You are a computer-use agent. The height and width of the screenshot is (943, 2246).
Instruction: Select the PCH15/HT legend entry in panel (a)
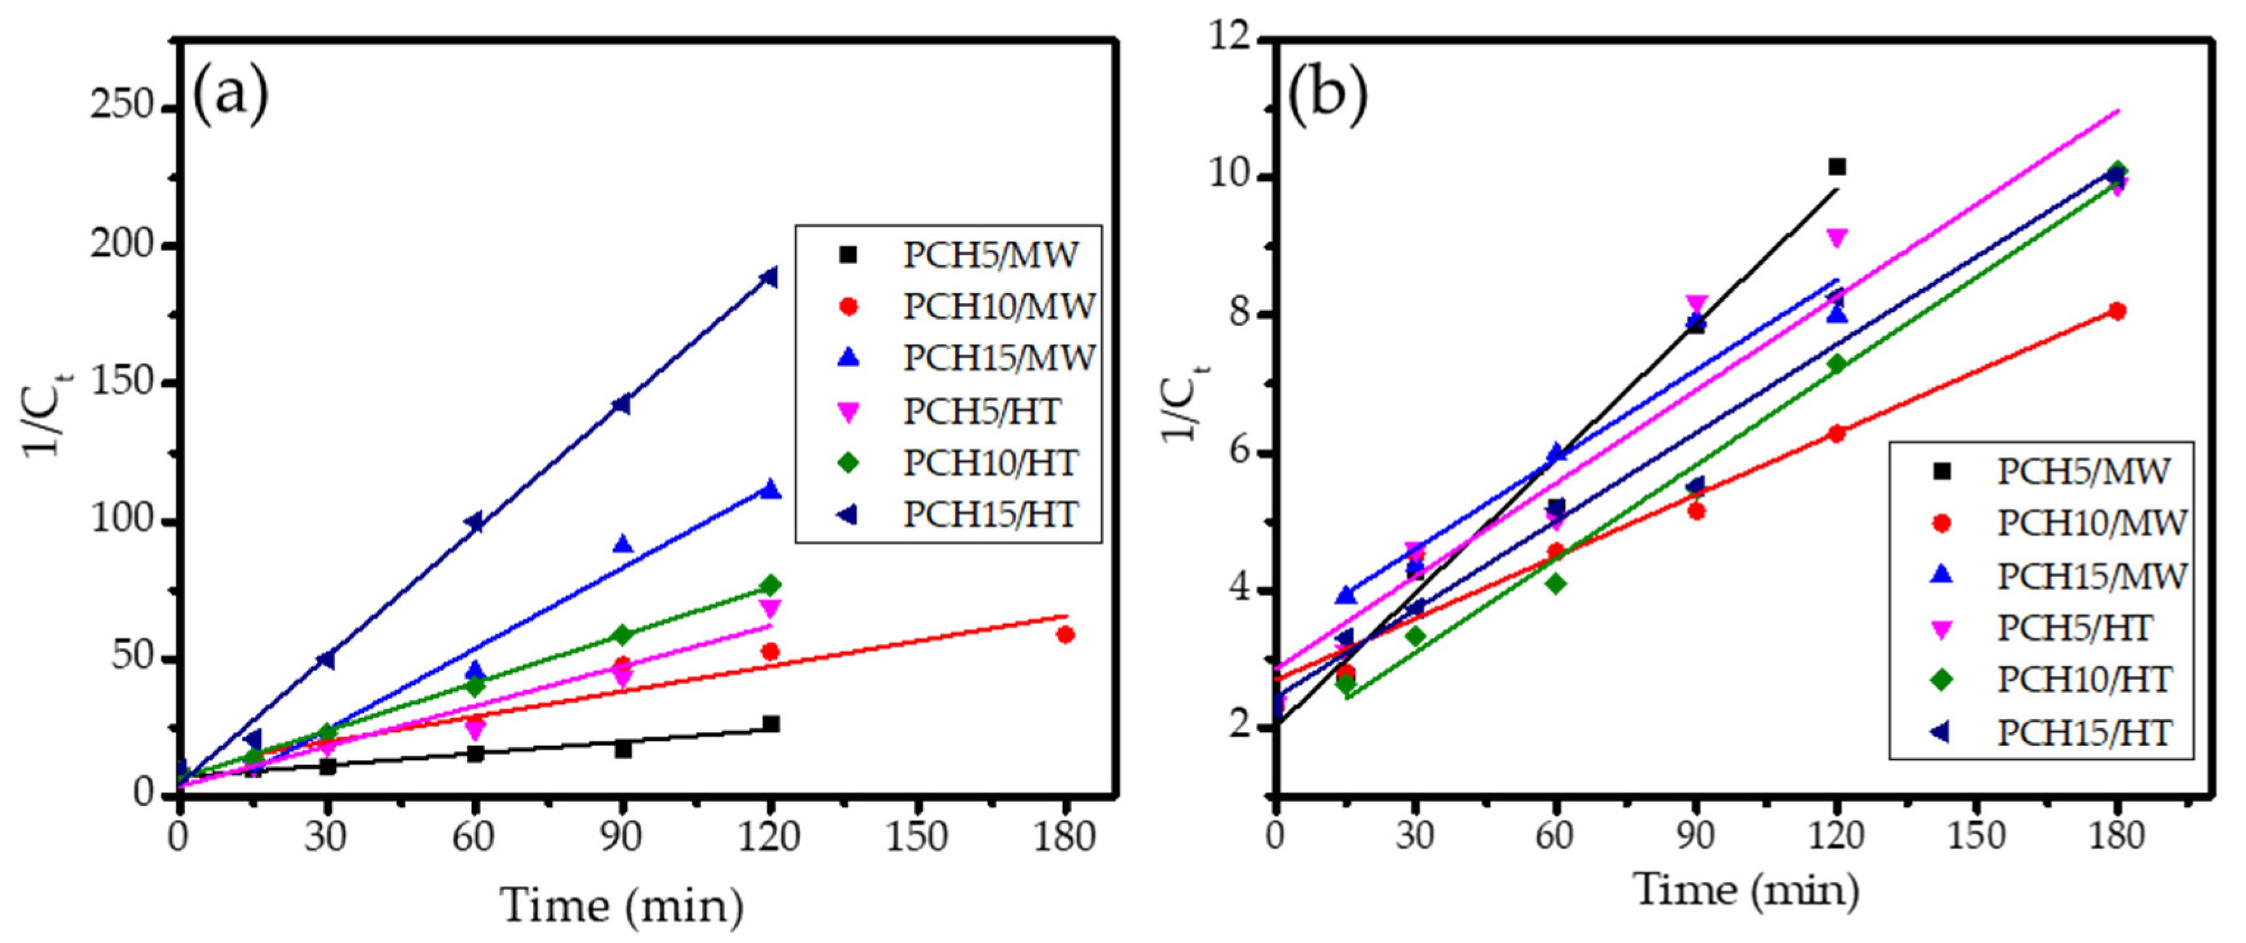pyautogui.click(x=990, y=515)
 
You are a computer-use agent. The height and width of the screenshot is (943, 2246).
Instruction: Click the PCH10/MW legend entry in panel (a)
pyautogui.click(x=998, y=306)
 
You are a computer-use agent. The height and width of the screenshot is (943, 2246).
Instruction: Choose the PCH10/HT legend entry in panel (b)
pyautogui.click(x=2084, y=679)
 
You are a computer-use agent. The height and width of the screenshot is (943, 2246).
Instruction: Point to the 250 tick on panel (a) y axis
pyautogui.click(x=122, y=106)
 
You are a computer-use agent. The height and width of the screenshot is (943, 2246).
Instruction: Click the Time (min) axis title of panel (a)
pyautogui.click(x=621, y=905)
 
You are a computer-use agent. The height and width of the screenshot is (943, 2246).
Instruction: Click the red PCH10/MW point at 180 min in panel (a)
pyautogui.click(x=1065, y=634)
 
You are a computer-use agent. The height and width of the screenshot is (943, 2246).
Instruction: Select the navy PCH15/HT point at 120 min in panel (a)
pyautogui.click(x=768, y=278)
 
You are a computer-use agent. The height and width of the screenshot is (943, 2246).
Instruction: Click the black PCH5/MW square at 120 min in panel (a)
pyautogui.click(x=771, y=724)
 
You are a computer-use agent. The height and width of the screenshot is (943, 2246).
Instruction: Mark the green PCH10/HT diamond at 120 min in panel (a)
pyautogui.click(x=770, y=585)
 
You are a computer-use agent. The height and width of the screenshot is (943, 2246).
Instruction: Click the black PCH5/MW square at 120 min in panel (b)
pyautogui.click(x=1836, y=166)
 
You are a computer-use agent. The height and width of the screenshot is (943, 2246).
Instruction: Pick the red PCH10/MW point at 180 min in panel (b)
pyautogui.click(x=2116, y=311)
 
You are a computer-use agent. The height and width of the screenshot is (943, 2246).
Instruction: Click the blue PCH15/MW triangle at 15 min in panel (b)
pyautogui.click(x=1346, y=595)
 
